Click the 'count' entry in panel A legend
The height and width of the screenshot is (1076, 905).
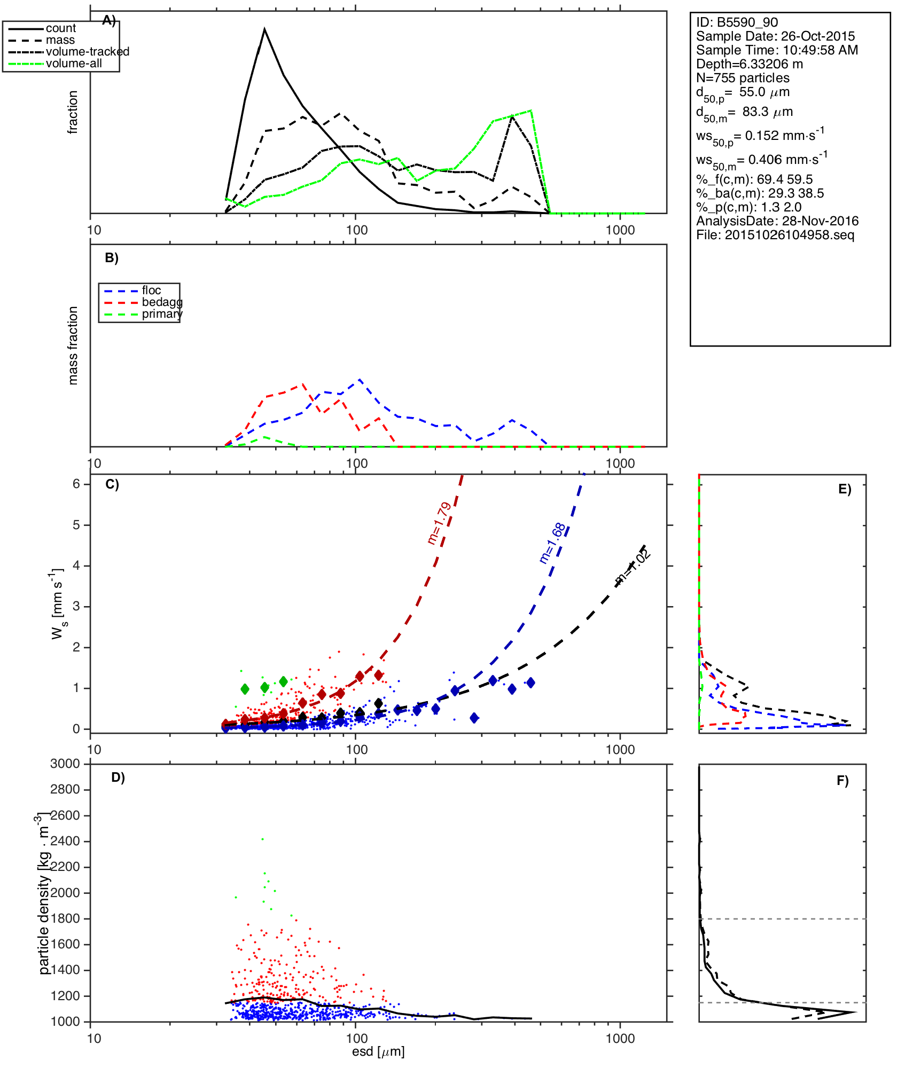[60, 28]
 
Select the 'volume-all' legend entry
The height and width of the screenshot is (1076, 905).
[74, 64]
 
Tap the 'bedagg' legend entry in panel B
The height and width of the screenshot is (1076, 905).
[162, 302]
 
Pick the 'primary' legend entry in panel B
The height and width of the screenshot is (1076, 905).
[162, 314]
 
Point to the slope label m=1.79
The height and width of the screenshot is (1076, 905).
[440, 523]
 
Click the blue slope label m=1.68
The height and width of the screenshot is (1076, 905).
[552, 543]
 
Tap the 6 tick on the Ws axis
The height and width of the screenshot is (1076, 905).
[76, 484]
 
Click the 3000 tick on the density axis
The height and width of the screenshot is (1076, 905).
[65, 764]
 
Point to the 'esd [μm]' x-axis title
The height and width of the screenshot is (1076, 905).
[378, 1052]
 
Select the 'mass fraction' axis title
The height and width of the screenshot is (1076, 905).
[73, 345]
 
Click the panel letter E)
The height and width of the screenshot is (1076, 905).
[845, 489]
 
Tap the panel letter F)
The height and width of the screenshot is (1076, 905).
[842, 781]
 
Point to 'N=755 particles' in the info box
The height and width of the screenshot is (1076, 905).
[743, 78]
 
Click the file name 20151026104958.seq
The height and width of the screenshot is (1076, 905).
[790, 235]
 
